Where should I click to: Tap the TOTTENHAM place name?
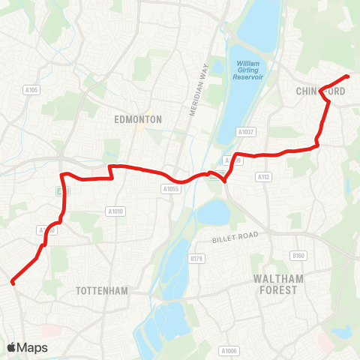coord(102,290)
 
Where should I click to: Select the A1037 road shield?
coord(246,132)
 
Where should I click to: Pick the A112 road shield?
coord(262,177)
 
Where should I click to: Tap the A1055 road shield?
coord(170,190)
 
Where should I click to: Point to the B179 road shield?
coord(196,258)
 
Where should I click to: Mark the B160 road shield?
coord(299,256)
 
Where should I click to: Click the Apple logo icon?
coord(12,347)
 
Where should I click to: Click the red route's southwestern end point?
coord(12,283)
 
